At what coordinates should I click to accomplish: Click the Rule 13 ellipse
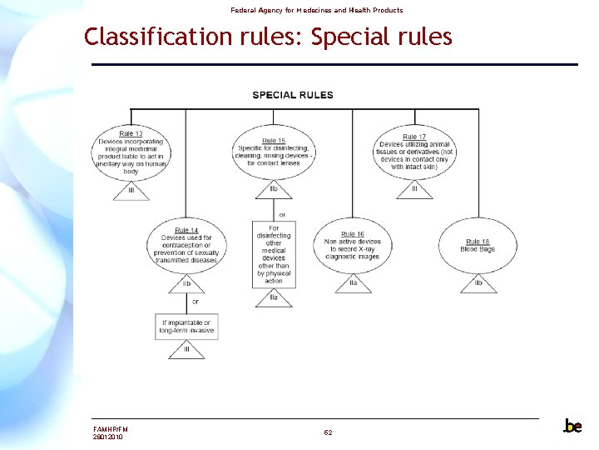[x=131, y=152]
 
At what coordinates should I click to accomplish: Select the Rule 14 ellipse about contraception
[x=186, y=245]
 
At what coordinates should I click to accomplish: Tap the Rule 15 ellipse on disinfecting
[x=274, y=152]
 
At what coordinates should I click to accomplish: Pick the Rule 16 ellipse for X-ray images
[x=353, y=245]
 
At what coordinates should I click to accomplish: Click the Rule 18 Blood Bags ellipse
[x=478, y=245]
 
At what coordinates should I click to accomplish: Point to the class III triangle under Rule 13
[x=131, y=191]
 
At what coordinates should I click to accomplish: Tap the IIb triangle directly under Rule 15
[x=274, y=190]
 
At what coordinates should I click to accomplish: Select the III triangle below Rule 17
[x=413, y=191]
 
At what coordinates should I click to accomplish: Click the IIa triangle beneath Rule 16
[x=353, y=284]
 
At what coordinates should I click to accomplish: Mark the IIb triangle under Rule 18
[x=478, y=284]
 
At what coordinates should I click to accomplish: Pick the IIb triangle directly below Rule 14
[x=186, y=284]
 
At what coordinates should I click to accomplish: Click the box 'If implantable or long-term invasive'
[x=186, y=326]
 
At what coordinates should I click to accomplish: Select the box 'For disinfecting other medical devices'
[x=274, y=254]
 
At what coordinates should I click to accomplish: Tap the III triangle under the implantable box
[x=186, y=350]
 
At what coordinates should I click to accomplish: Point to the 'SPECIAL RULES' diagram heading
[x=293, y=95]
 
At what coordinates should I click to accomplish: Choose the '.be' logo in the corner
[x=572, y=426]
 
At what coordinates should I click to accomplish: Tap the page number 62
[x=328, y=432]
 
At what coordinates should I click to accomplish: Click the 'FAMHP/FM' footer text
[x=111, y=428]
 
